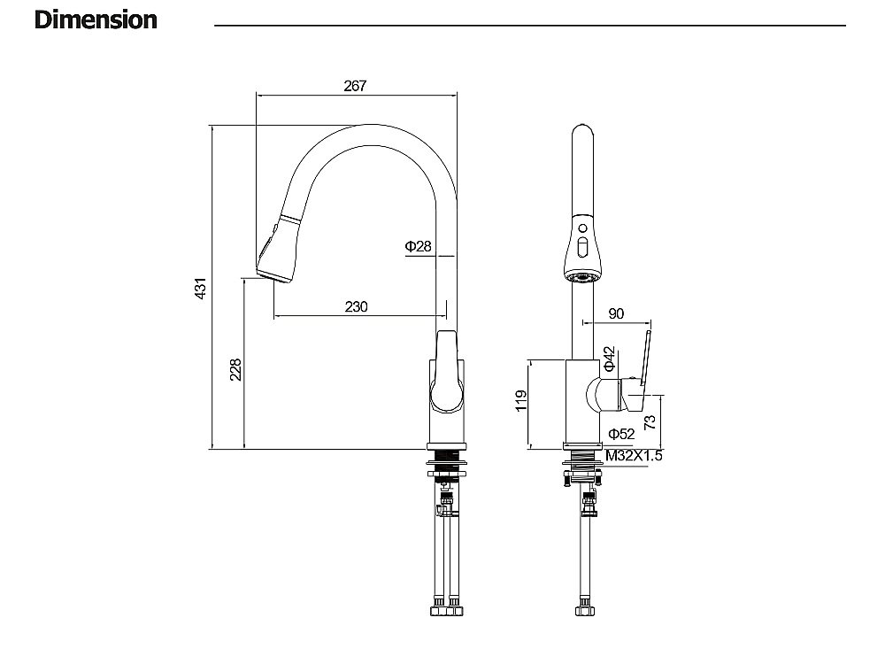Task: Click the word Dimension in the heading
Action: point(96,19)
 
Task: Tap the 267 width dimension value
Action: point(354,86)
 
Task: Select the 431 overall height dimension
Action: point(201,288)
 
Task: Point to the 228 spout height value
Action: point(235,369)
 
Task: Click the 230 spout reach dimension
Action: point(356,306)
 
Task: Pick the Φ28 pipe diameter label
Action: point(418,246)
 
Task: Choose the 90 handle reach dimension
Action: point(617,313)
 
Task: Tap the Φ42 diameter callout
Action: point(609,359)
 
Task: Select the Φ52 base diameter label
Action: point(621,433)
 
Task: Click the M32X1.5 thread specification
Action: point(634,456)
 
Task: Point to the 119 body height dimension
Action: point(521,402)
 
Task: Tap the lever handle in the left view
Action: point(448,372)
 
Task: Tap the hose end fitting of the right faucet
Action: point(584,610)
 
